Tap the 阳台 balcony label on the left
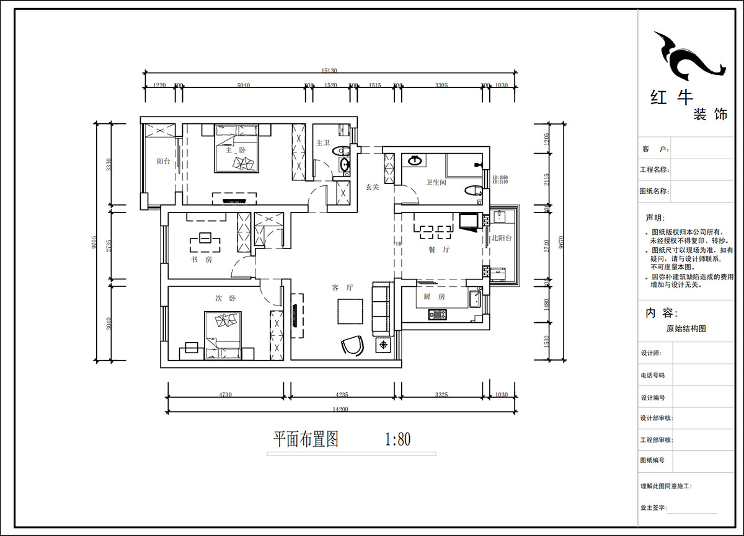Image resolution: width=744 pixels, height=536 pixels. tap(163, 161)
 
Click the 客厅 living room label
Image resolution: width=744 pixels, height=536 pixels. tap(342, 288)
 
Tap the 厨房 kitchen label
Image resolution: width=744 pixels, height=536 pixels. tap(435, 297)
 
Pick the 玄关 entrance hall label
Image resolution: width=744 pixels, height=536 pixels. tap(372, 187)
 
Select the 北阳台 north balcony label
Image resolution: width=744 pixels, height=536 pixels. tap(502, 238)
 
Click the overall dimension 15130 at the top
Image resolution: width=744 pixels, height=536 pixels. tap(329, 71)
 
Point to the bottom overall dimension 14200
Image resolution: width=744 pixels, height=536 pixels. tap(340, 409)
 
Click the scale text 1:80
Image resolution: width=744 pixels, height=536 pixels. tap(397, 440)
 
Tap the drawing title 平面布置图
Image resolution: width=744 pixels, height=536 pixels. tap(306, 440)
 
